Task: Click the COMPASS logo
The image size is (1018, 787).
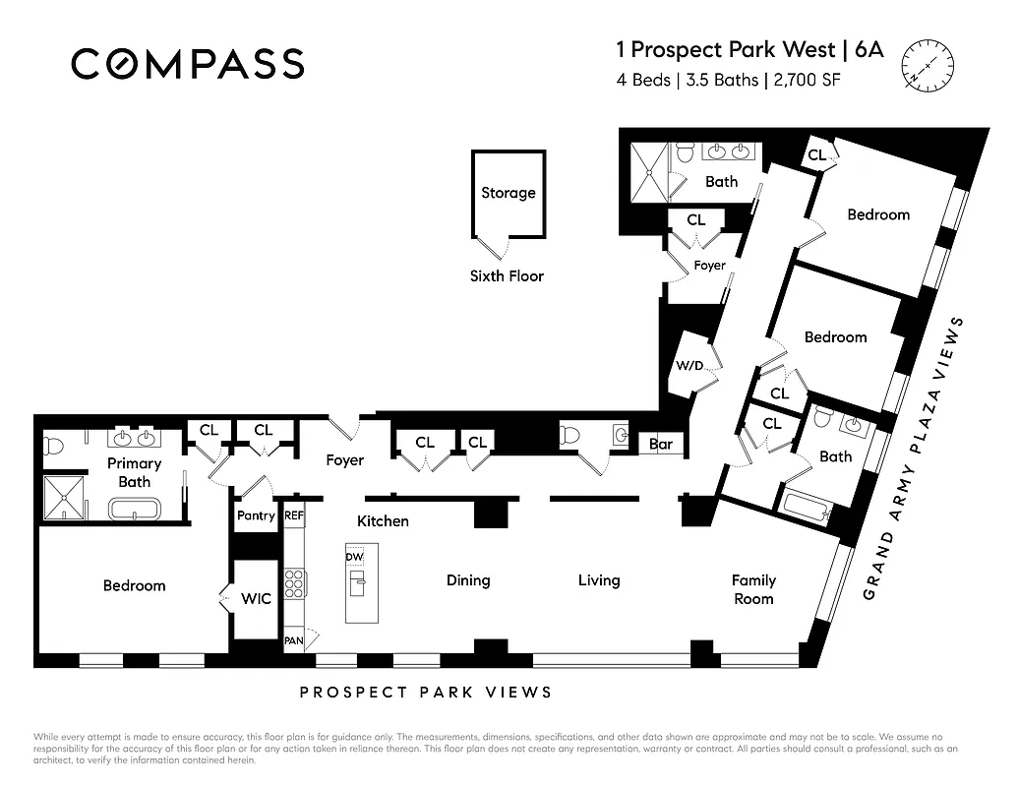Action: click(187, 64)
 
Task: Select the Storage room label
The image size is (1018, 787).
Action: click(508, 193)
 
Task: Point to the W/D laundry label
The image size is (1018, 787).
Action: click(689, 366)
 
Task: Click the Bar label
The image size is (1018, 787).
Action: click(661, 445)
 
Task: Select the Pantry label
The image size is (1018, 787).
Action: click(257, 515)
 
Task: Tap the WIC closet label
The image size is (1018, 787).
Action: click(256, 598)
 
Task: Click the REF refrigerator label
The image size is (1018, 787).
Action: click(293, 515)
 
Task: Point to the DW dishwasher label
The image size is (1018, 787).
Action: click(354, 557)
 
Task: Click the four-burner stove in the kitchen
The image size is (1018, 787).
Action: click(293, 583)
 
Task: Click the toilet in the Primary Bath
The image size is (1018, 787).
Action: click(52, 447)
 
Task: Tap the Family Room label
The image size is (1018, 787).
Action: click(753, 589)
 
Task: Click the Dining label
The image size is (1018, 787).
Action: click(468, 580)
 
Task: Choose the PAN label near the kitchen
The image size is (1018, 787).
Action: click(293, 640)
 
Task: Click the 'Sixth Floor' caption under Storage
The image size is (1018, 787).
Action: click(507, 276)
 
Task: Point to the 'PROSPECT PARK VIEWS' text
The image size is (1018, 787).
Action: click(426, 693)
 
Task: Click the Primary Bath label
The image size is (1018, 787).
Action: click(135, 472)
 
